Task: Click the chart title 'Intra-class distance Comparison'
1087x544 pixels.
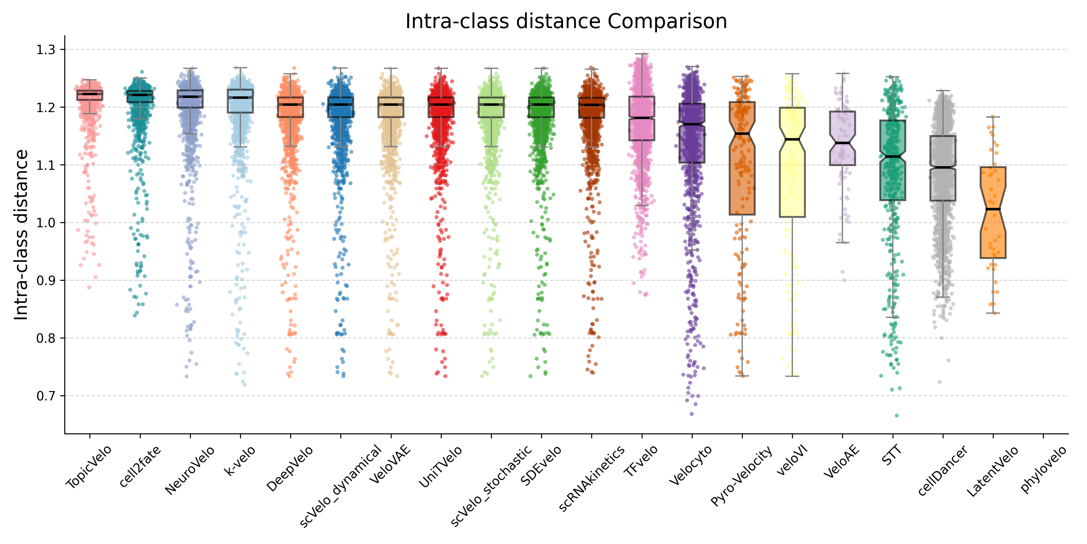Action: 566,21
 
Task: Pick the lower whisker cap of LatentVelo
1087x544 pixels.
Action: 993,313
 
